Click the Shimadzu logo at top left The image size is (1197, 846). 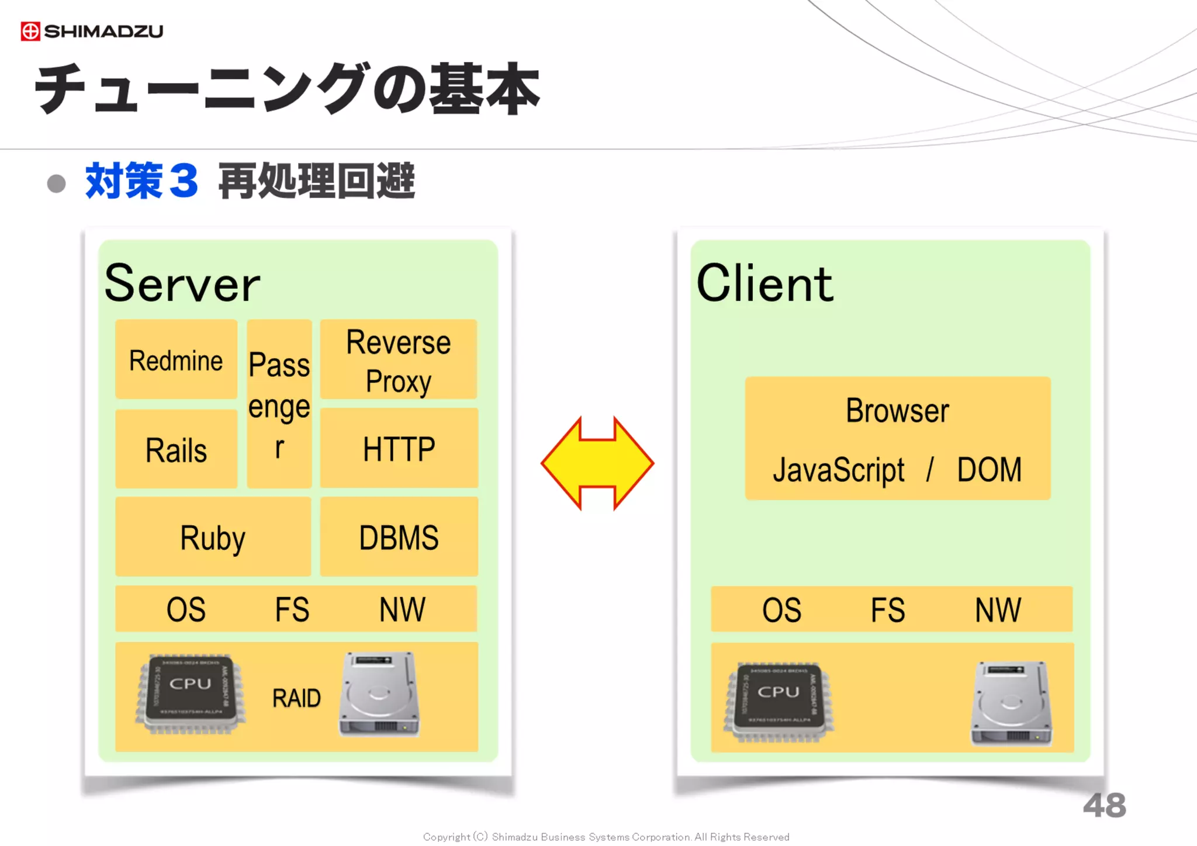pos(92,31)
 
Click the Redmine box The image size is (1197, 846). pos(176,360)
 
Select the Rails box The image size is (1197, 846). pos(176,450)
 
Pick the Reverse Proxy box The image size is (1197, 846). pos(399,360)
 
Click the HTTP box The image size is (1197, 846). pos(399,449)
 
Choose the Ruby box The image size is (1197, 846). pos(213,538)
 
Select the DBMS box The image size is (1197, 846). pos(399,538)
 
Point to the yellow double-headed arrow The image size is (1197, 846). pos(597,463)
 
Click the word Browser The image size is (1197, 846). pos(897,410)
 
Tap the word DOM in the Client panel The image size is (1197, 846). pos(989,470)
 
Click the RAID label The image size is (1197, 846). pos(296,698)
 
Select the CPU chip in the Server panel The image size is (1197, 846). pos(190,694)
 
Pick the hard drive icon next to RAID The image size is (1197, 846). pos(379,694)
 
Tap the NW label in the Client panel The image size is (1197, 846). pos(998,610)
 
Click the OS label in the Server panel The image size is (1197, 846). pos(186,609)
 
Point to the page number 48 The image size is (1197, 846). pos(1104,806)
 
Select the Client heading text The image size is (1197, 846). pos(764,283)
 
